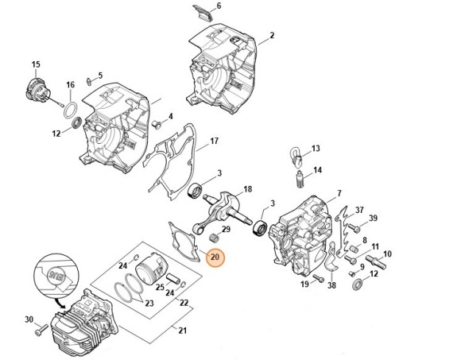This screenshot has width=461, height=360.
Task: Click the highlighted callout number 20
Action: click(x=215, y=257)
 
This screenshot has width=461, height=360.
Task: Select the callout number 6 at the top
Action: click(x=219, y=6)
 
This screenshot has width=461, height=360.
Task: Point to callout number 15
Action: click(x=35, y=64)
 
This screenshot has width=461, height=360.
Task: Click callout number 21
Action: click(x=183, y=331)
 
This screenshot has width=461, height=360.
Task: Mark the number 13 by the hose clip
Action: click(x=316, y=149)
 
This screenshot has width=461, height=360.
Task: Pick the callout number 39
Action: click(x=372, y=218)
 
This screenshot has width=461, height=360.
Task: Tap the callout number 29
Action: click(x=226, y=229)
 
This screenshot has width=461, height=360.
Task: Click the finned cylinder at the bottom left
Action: click(x=79, y=327)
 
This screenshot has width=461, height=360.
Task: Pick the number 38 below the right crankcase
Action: click(x=332, y=285)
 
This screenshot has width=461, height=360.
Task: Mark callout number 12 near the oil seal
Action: click(x=56, y=134)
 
